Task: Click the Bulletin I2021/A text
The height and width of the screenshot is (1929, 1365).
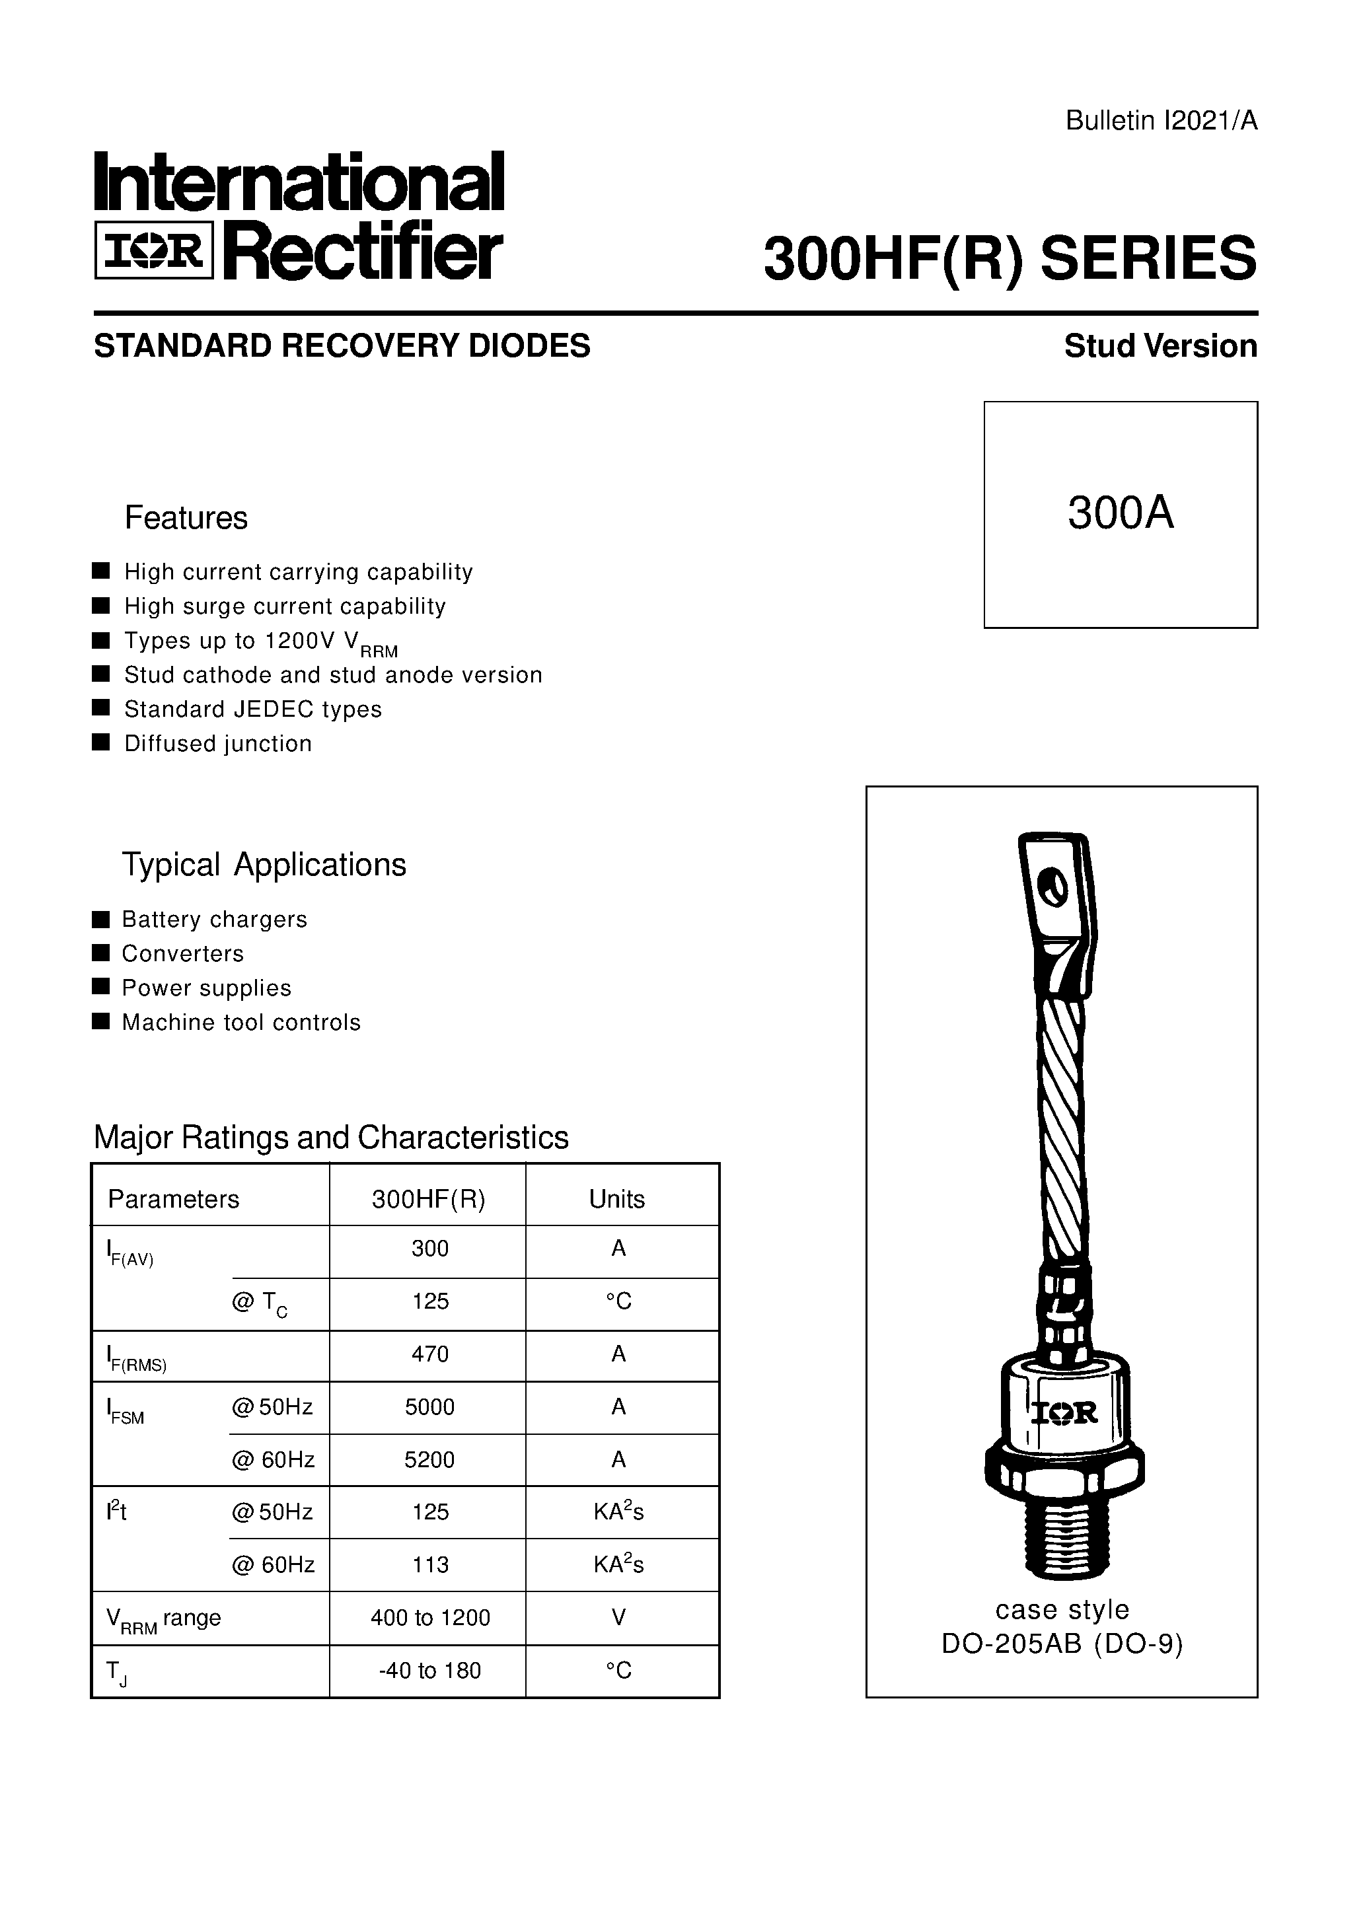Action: [x=1161, y=122]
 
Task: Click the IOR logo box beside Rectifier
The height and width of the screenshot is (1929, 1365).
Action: [x=154, y=250]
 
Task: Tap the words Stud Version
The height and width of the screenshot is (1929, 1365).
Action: [x=1160, y=346]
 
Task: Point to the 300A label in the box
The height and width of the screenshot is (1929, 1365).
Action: [x=1120, y=513]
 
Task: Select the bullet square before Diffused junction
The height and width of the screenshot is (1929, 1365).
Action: [x=101, y=743]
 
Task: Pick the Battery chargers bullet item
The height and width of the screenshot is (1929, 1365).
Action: [x=214, y=919]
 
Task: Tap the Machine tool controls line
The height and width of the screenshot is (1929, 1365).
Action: [x=240, y=1023]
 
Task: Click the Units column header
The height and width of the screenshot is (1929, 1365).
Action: [x=617, y=1199]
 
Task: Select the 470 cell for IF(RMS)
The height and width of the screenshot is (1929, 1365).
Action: [x=429, y=1354]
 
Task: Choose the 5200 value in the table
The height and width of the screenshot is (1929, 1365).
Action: [x=429, y=1459]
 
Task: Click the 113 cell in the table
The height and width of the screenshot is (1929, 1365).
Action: [x=429, y=1564]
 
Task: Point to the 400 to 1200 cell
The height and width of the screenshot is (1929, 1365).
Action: [x=429, y=1617]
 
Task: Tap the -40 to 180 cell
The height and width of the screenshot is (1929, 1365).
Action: [x=429, y=1670]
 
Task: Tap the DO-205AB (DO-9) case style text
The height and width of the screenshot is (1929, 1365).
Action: [x=1062, y=1644]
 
